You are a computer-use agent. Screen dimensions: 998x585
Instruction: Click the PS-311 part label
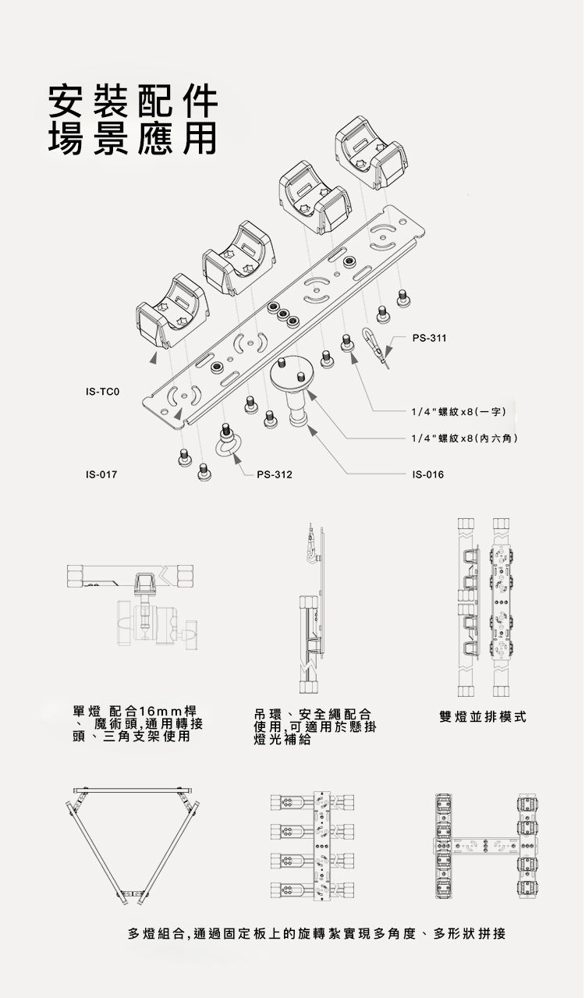click(x=428, y=337)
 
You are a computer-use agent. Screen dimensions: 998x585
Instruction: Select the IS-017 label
click(x=101, y=474)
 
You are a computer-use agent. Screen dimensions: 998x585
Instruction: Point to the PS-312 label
click(x=275, y=474)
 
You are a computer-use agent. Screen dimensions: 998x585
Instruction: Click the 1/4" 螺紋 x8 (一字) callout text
click(x=460, y=410)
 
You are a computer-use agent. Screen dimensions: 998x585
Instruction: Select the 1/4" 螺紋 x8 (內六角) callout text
click(x=465, y=439)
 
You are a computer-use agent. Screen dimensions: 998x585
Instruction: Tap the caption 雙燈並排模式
click(x=483, y=716)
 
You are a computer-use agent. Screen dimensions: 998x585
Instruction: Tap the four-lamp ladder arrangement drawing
click(x=312, y=845)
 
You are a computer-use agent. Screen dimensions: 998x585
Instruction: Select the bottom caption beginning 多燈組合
click(x=316, y=933)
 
